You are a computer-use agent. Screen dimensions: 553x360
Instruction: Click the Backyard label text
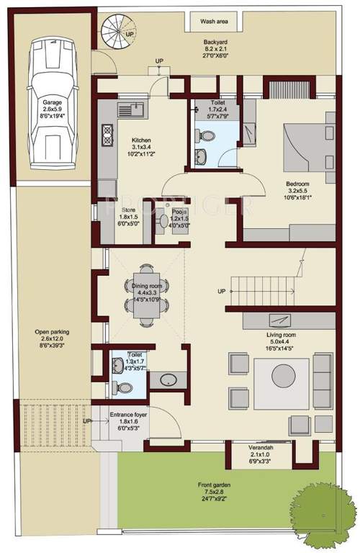(x=215, y=43)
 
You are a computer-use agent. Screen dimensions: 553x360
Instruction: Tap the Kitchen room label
(x=140, y=140)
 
